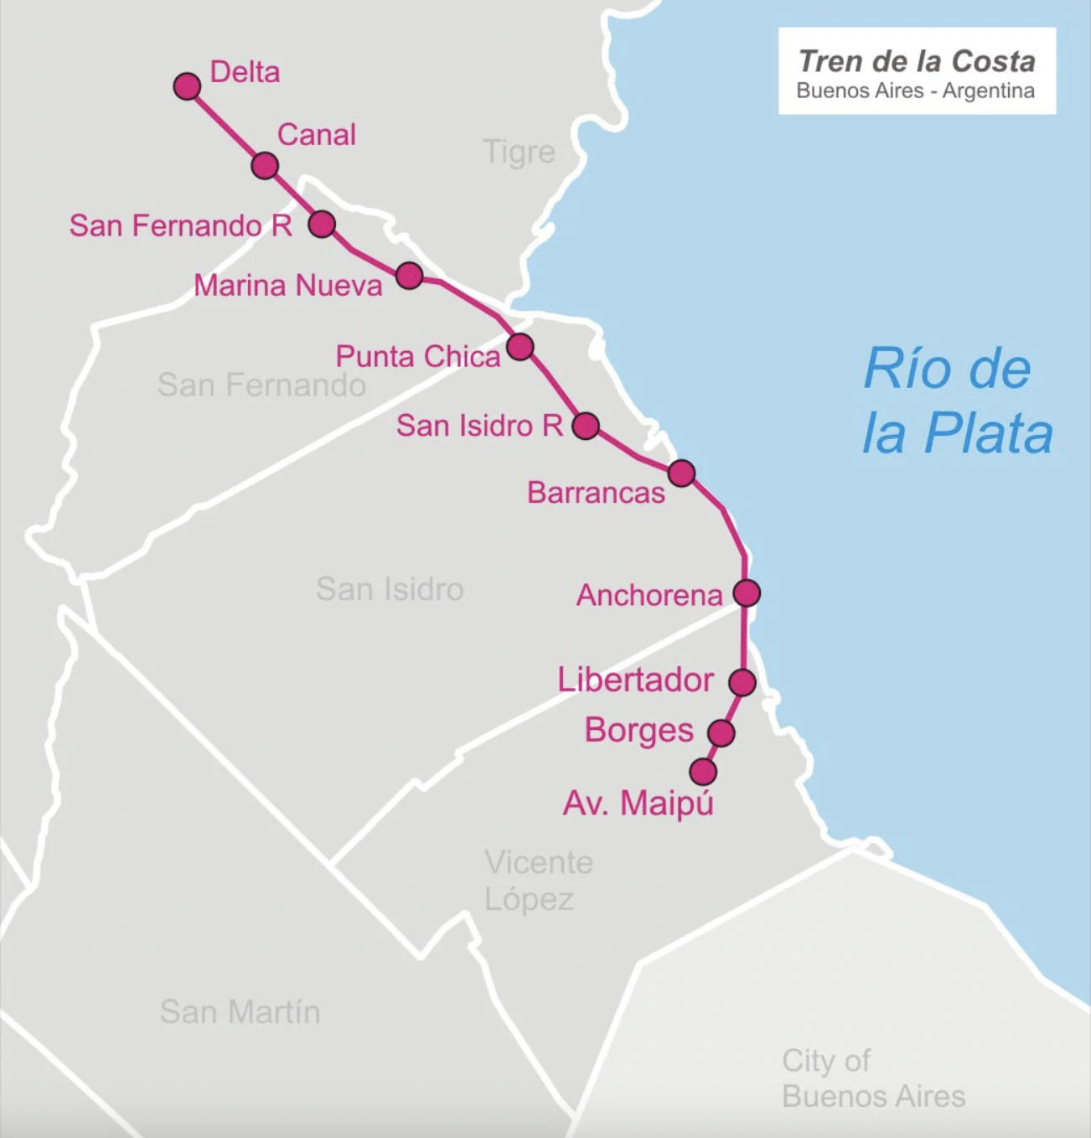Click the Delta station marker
pyautogui.click(x=187, y=86)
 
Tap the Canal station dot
pyautogui.click(x=265, y=166)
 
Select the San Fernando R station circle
pyautogui.click(x=322, y=225)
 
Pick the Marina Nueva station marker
pyautogui.click(x=409, y=276)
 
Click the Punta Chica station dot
pyautogui.click(x=520, y=346)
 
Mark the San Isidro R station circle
pyautogui.click(x=586, y=426)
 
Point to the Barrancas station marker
pyautogui.click(x=681, y=473)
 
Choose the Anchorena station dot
pyautogui.click(x=747, y=593)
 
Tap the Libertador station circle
pyautogui.click(x=742, y=682)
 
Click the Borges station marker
pyautogui.click(x=721, y=733)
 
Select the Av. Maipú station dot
pyautogui.click(x=703, y=772)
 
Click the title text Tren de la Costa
pyautogui.click(x=917, y=61)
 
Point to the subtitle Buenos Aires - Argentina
pyautogui.click(x=915, y=91)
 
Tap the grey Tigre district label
pyautogui.click(x=519, y=153)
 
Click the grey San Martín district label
pyautogui.click(x=240, y=1011)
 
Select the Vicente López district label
pyautogui.click(x=538, y=881)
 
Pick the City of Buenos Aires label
pyautogui.click(x=873, y=1079)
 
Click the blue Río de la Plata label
pyautogui.click(x=957, y=402)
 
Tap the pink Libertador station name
pyautogui.click(x=635, y=680)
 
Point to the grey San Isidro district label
pyautogui.click(x=390, y=589)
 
